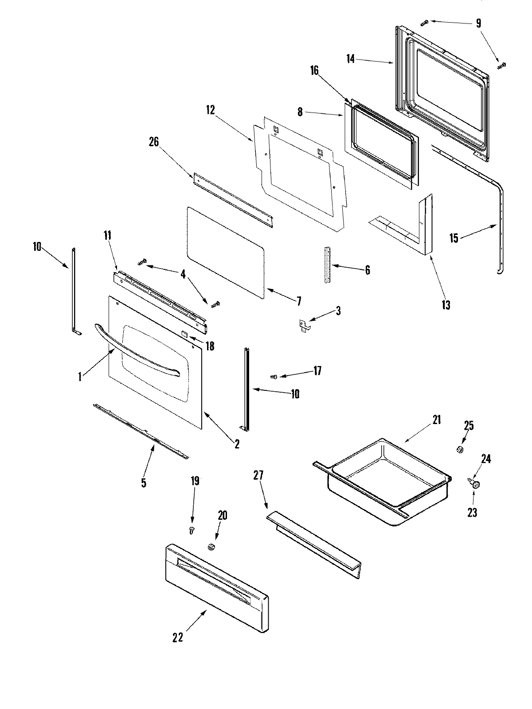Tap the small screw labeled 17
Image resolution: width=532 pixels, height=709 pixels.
[274, 376]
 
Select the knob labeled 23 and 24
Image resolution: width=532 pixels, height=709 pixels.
[476, 485]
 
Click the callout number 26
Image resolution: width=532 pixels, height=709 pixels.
[154, 142]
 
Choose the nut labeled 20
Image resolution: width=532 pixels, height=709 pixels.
[212, 547]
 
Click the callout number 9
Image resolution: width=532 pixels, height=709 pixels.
[478, 23]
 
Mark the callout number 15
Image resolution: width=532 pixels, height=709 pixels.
[454, 238]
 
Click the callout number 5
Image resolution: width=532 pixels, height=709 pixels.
[144, 482]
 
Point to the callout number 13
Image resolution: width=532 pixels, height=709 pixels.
[446, 305]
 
